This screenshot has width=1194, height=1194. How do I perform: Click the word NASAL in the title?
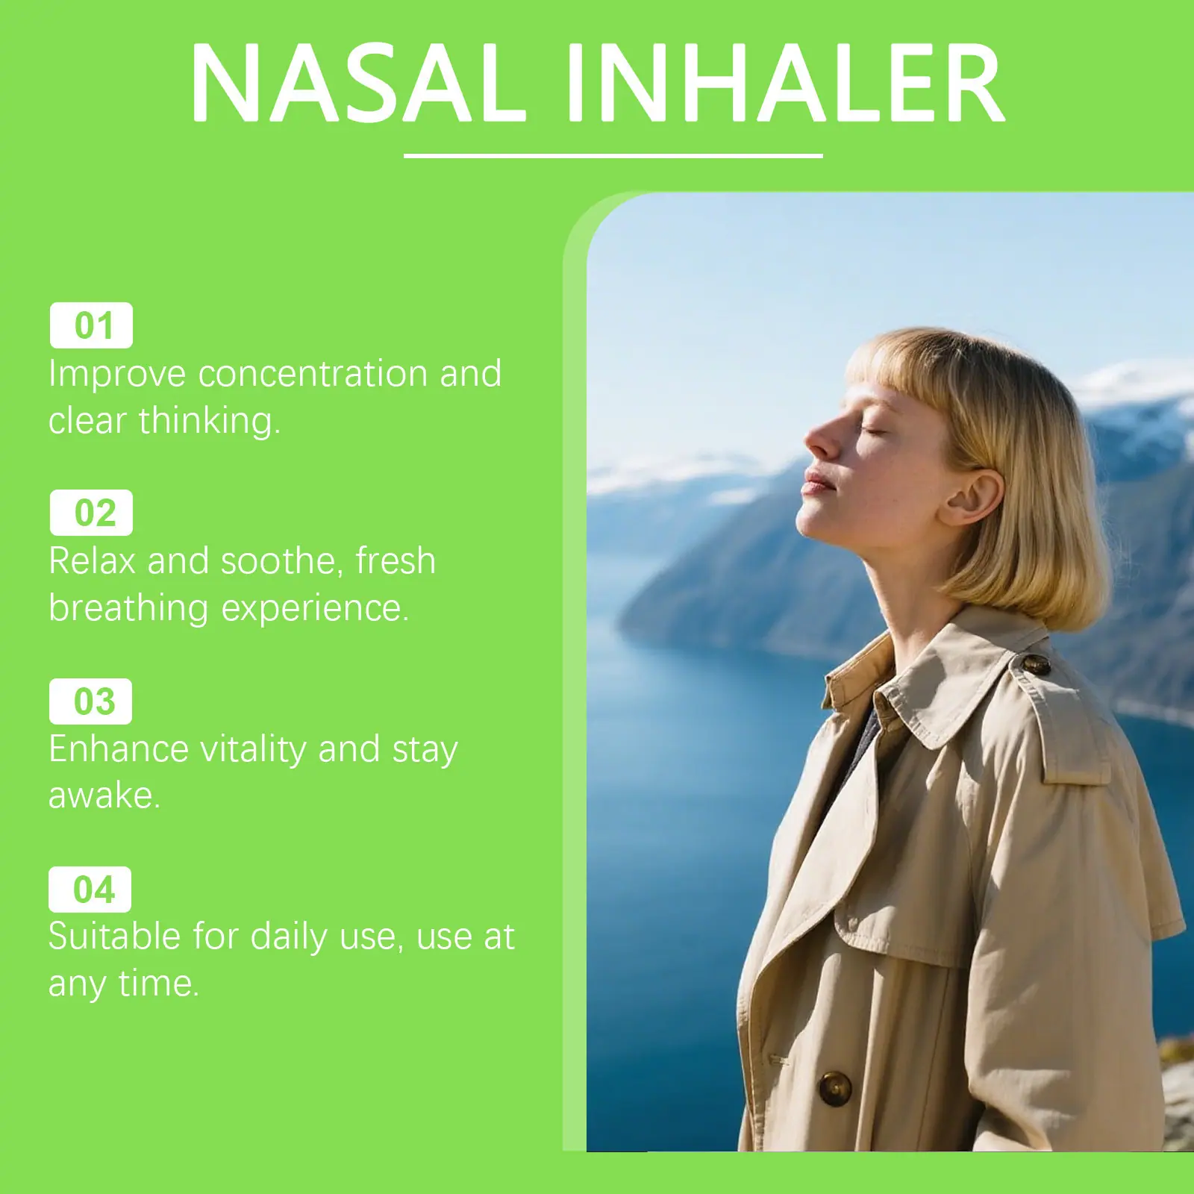[x=359, y=83]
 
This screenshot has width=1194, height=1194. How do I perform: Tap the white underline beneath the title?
[x=613, y=155]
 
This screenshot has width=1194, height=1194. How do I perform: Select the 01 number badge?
[x=91, y=325]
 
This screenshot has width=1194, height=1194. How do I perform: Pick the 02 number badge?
[x=91, y=513]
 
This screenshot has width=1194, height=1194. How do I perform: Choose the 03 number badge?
[x=90, y=701]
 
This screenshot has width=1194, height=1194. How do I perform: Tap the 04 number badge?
[x=90, y=890]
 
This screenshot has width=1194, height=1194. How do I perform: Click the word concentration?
[x=313, y=373]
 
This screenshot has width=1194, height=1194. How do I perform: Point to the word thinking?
[x=210, y=420]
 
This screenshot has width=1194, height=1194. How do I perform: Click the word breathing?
[x=128, y=607]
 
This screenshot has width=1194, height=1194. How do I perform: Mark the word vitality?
[x=254, y=748]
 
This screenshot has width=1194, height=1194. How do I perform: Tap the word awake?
[x=104, y=796]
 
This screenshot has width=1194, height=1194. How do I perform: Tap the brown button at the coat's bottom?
[x=835, y=1089]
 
